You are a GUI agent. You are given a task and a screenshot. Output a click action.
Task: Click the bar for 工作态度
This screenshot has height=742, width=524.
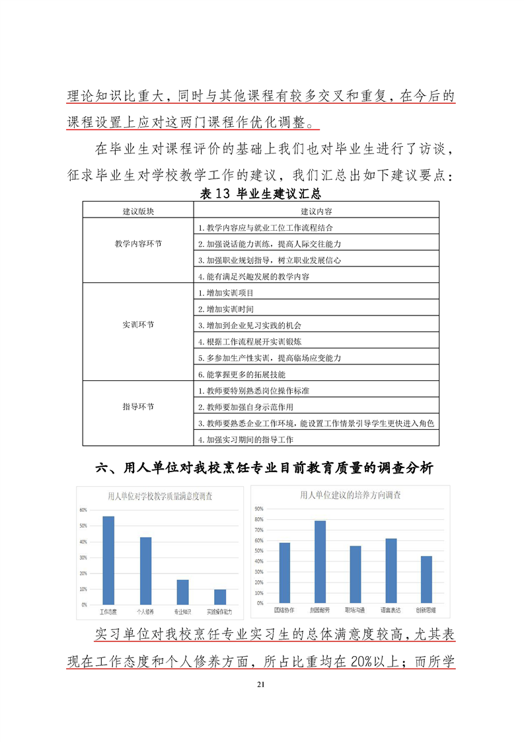click(x=108, y=560)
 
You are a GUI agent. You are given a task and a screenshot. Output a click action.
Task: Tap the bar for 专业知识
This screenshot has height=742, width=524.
click(x=182, y=592)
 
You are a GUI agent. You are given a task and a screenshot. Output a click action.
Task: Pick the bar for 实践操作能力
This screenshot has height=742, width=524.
click(x=219, y=597)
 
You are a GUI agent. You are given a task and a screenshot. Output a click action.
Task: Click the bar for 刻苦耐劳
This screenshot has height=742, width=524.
click(x=320, y=561)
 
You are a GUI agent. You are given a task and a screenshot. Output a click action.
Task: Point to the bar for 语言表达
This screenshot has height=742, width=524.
click(x=391, y=570)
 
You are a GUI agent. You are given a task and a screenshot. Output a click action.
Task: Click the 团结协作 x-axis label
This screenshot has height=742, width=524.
click(x=284, y=608)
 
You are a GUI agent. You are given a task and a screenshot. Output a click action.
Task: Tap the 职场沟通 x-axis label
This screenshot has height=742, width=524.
click(x=356, y=608)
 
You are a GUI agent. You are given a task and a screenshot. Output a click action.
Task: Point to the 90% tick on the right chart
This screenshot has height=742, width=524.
click(x=258, y=509)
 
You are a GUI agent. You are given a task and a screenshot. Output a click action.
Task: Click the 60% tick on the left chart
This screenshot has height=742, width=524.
click(x=83, y=510)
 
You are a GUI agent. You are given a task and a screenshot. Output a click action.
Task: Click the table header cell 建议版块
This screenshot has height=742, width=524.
click(x=138, y=211)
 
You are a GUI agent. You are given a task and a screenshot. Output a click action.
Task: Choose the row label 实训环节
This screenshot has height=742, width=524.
click(x=138, y=325)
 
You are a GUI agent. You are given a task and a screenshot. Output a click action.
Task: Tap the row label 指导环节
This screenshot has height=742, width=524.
click(x=138, y=407)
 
